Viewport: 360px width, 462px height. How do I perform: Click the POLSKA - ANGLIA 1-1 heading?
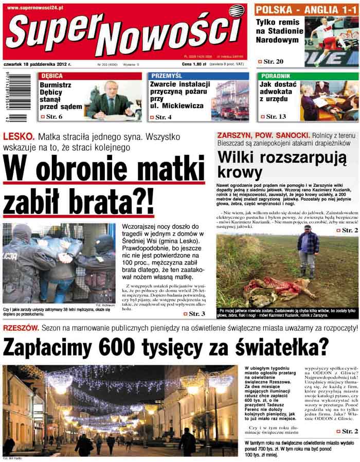point(307,10)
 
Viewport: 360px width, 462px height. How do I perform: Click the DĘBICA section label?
point(52,76)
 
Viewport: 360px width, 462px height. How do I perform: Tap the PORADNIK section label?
point(276,76)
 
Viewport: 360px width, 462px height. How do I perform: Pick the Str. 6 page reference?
point(53,117)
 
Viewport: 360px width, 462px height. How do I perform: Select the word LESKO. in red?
point(19,137)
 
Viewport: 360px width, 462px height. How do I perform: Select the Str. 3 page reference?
point(193,313)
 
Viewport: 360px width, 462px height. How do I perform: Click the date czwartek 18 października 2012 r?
point(38,65)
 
